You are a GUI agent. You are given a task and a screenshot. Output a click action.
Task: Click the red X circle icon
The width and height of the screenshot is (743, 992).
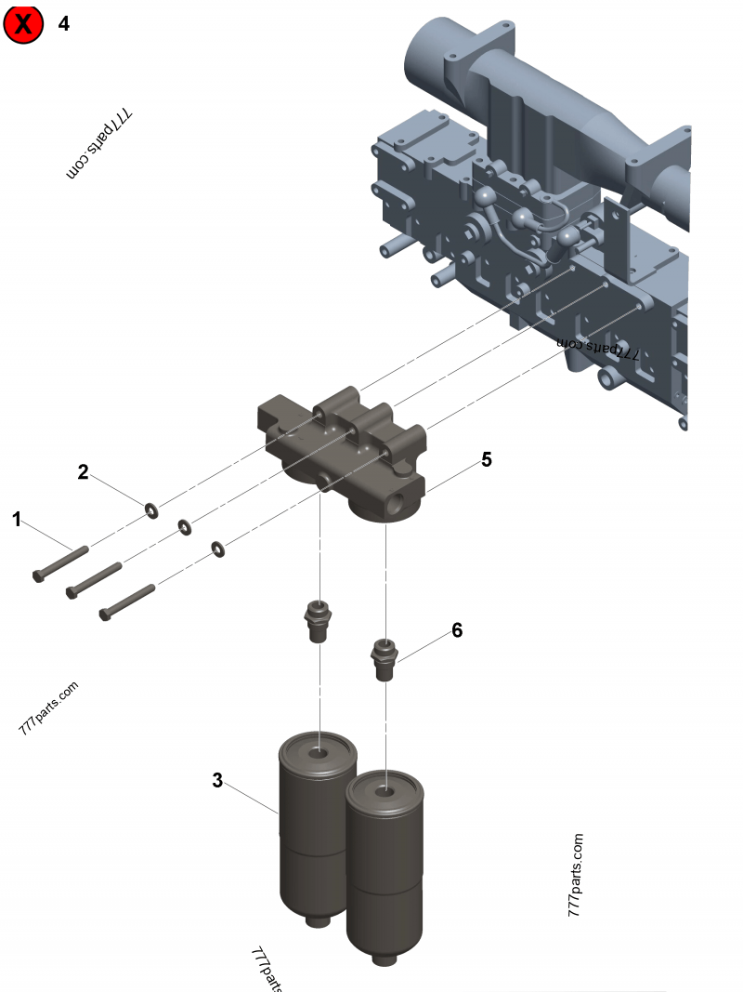click(x=23, y=24)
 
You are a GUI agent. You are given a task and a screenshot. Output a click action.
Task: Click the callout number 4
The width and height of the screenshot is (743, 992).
click(x=63, y=23)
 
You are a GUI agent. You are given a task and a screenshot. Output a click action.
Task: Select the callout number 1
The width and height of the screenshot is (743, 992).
click(x=16, y=519)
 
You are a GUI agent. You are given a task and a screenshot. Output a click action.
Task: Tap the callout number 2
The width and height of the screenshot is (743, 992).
click(x=83, y=472)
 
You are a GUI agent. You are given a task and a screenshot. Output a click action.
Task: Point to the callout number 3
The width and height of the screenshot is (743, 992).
click(x=217, y=780)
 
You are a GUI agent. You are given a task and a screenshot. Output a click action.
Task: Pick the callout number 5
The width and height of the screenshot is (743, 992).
click(x=486, y=459)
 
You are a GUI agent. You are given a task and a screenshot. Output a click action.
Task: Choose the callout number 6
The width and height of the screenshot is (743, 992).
click(x=456, y=629)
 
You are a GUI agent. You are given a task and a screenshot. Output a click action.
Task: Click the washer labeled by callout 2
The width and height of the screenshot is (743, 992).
click(x=150, y=509)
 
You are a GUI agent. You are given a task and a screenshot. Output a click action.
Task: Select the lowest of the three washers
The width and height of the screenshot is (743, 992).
click(x=217, y=549)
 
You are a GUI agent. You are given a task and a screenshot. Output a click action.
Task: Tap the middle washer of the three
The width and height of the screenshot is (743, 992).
click(x=184, y=527)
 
